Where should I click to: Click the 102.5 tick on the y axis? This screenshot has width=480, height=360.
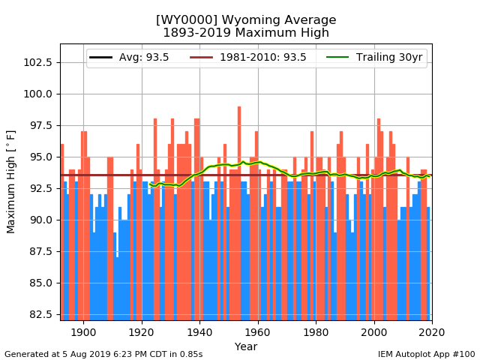click(39, 62)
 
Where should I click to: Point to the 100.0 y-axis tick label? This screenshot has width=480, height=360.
click(39, 94)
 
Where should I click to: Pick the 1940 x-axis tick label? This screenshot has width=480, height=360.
click(199, 332)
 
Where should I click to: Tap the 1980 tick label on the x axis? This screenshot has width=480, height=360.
click(316, 332)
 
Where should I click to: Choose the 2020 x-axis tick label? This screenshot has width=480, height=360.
click(432, 332)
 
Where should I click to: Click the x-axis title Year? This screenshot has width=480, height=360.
click(246, 346)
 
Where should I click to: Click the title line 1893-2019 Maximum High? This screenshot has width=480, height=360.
click(246, 33)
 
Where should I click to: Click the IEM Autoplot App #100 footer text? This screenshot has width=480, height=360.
click(427, 354)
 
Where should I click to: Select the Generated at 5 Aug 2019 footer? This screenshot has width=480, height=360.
click(103, 354)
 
